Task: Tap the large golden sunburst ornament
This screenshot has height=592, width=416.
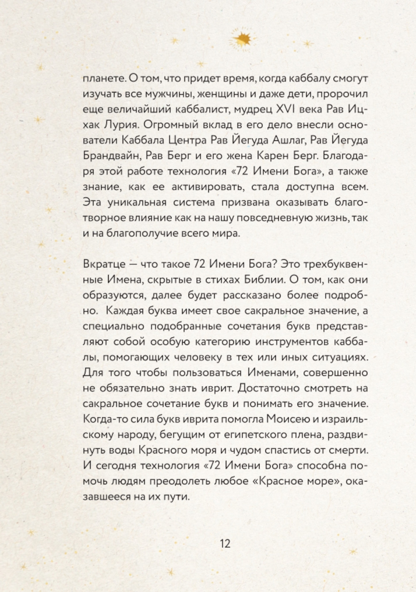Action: pyautogui.click(x=242, y=39)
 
